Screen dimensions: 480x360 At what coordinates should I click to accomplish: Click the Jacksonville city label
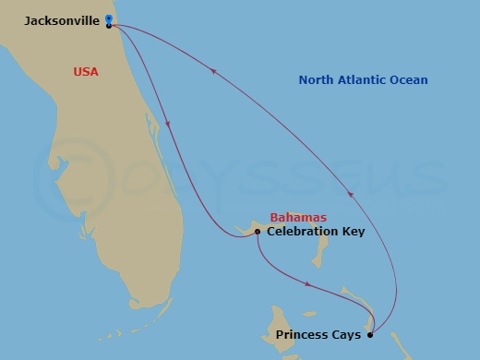tap(63, 19)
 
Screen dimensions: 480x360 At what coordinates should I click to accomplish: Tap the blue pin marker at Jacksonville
tap(109, 18)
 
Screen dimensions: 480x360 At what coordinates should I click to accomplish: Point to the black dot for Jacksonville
tap(109, 25)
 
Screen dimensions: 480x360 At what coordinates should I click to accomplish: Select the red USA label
tap(87, 71)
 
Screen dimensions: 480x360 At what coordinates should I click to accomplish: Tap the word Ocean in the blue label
tap(411, 80)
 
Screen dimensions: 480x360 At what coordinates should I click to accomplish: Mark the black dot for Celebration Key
tap(257, 232)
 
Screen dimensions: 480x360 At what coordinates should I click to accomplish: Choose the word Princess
tap(305, 333)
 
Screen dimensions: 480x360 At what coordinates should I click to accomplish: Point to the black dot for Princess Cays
tap(370, 333)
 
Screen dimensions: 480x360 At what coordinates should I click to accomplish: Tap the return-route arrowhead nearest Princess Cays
tap(350, 192)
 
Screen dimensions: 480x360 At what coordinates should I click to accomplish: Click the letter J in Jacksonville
tap(29, 19)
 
